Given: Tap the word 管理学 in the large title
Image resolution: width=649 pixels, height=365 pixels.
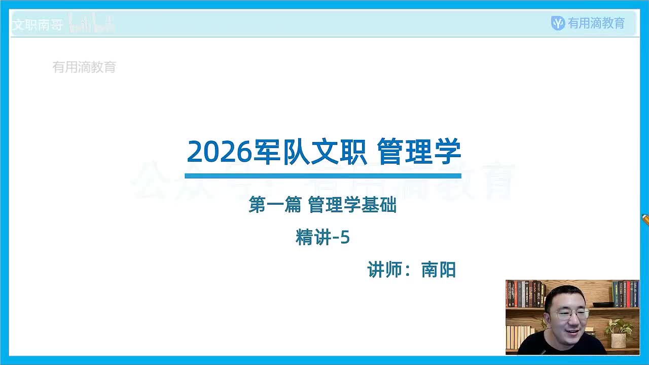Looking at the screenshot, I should pos(419,151).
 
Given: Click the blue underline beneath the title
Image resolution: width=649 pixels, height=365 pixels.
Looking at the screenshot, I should pos(323,176).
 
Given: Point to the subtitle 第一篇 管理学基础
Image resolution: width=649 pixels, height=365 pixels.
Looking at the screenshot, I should pos(322,205).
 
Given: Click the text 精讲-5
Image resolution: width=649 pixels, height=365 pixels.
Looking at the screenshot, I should pos(322,237).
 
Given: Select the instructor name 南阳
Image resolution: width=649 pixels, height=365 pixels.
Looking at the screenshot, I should pos(439,270).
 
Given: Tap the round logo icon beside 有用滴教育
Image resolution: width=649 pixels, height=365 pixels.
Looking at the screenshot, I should pos(558,23).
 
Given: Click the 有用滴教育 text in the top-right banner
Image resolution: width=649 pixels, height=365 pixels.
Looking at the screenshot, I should pos(596,23).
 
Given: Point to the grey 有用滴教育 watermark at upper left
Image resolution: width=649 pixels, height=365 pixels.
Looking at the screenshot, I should pos(84,67).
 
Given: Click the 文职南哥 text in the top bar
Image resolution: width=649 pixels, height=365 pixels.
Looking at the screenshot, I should pos(37,24).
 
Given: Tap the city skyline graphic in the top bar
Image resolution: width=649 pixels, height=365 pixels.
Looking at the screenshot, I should pos(91,24).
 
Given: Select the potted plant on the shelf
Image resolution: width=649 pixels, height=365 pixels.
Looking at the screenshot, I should pos(619,332).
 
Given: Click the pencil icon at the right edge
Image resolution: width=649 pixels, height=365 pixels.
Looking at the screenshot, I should pos(645,220).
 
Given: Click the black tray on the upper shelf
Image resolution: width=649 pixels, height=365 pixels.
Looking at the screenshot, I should pos(603,304).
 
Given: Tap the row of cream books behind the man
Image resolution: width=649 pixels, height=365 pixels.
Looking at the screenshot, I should pos(518,336).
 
